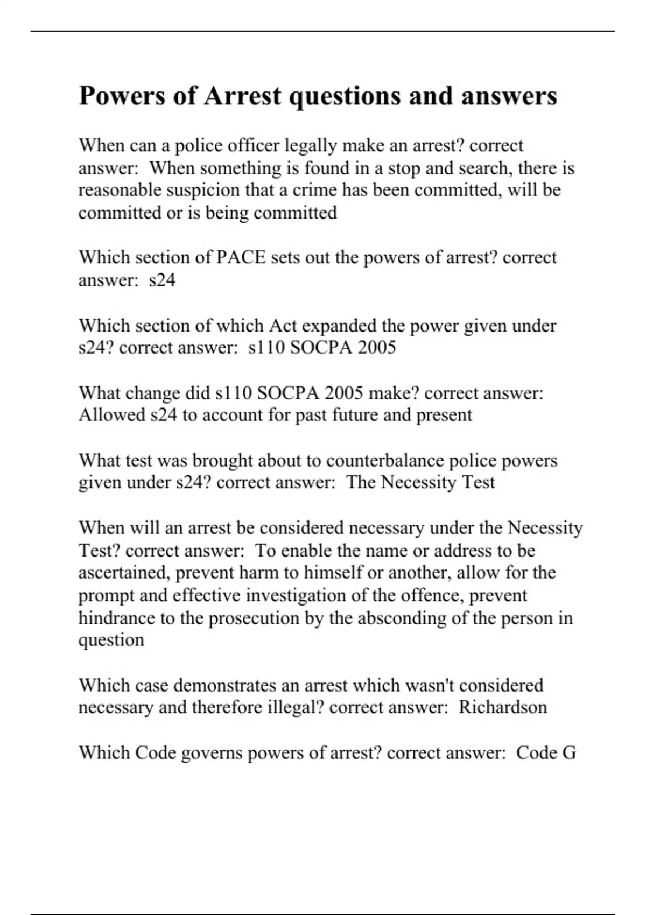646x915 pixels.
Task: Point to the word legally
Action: [311, 145]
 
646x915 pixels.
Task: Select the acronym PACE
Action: [241, 257]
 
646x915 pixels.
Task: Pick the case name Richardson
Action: [503, 707]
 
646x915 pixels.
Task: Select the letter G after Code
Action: [569, 752]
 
